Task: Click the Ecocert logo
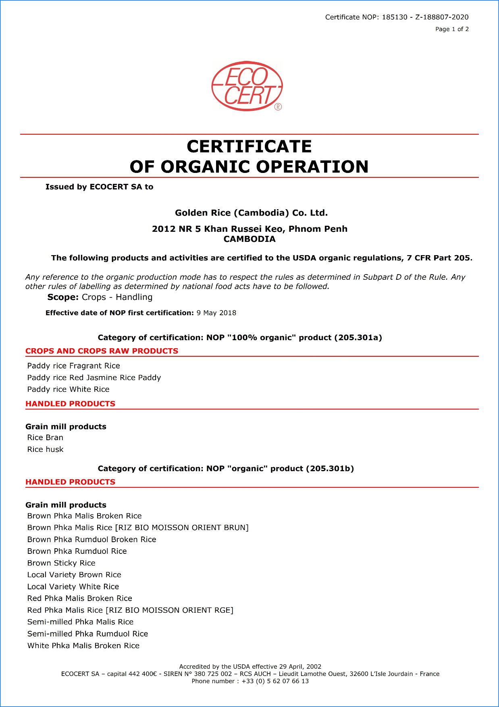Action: click(x=247, y=86)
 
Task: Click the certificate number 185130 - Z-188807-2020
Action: click(x=425, y=17)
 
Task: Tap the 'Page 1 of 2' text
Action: click(x=452, y=29)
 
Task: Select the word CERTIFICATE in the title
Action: click(x=249, y=146)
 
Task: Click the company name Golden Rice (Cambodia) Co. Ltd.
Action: click(x=251, y=213)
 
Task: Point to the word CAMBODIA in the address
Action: click(x=249, y=239)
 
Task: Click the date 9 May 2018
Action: click(x=216, y=313)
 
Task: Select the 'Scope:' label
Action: click(x=63, y=297)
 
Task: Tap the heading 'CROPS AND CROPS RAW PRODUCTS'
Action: click(x=102, y=351)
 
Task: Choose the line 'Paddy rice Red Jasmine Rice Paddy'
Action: click(x=94, y=377)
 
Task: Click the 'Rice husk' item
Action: click(x=45, y=449)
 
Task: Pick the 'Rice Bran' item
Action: click(x=45, y=437)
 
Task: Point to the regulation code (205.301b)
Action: click(x=330, y=468)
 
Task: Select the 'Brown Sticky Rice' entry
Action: click(x=61, y=563)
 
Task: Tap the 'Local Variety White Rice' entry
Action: click(x=73, y=586)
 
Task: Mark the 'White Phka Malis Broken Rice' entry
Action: click(x=83, y=645)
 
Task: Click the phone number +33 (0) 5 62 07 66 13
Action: click(x=275, y=681)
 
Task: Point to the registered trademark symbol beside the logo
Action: click(x=278, y=107)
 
